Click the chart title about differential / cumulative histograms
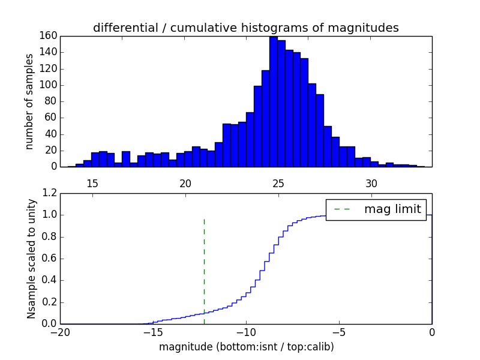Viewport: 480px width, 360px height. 245,28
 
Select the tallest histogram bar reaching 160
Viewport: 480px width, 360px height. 273,102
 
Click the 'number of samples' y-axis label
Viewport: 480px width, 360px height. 29,101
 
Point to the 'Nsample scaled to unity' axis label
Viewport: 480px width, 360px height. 31,258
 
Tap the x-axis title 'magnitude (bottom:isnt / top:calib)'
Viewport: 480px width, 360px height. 246,347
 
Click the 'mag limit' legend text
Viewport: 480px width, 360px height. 392,209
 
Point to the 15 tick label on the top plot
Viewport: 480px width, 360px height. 92,183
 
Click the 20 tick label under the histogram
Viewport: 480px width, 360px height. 185,183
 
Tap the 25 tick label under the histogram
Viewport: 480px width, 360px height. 278,183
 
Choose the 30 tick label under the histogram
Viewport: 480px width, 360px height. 371,183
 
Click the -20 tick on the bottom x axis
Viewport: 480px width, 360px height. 60,332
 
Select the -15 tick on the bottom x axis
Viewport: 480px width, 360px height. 153,332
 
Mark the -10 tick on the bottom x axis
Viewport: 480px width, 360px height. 246,332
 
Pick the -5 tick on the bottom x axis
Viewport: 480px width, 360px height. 339,332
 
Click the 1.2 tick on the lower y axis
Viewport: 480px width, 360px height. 49,194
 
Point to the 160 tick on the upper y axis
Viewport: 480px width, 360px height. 48,36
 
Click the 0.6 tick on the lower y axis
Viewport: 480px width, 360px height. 49,259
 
